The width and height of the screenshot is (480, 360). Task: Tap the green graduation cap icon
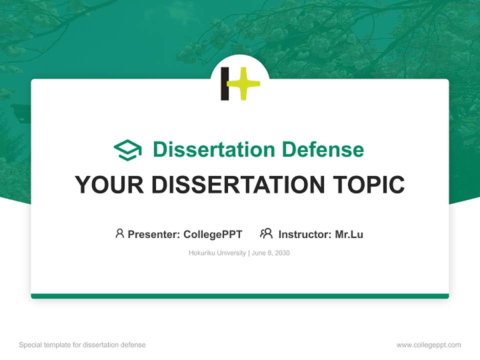[127, 150]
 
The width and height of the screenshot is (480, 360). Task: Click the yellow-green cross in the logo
[243, 83]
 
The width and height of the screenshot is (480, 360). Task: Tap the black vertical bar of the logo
[225, 83]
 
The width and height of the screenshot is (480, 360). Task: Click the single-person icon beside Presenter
[119, 233]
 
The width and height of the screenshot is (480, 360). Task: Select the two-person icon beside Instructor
[266, 233]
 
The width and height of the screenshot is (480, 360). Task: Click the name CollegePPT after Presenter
[212, 234]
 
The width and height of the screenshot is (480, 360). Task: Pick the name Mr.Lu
[349, 234]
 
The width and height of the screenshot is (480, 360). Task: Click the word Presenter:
[154, 234]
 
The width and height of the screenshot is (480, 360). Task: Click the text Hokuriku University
[217, 253]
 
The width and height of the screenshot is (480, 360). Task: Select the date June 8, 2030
[270, 253]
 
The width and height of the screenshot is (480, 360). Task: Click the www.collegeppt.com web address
[428, 345]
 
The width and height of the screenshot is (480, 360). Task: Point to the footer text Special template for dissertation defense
[82, 345]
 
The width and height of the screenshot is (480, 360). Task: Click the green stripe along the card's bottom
[240, 296]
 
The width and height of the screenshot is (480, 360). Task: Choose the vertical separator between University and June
[248, 253]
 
